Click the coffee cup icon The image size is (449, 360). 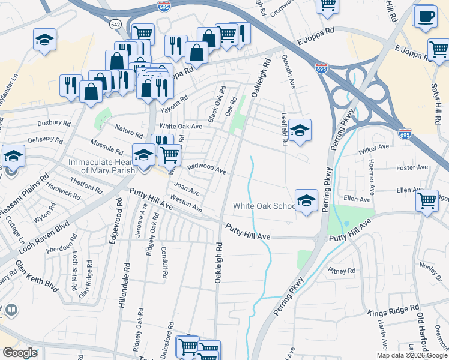tap(425, 16)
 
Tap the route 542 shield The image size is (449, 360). tap(115, 25)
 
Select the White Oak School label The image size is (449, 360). tap(264, 206)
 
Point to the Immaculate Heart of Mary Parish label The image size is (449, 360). tap(106, 166)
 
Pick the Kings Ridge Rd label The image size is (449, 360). tap(393, 311)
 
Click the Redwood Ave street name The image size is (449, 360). tap(206, 168)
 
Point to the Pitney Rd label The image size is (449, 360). tap(342, 271)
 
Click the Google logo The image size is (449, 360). tap(19, 353)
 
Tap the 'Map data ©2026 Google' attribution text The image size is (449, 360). tap(411, 355)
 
